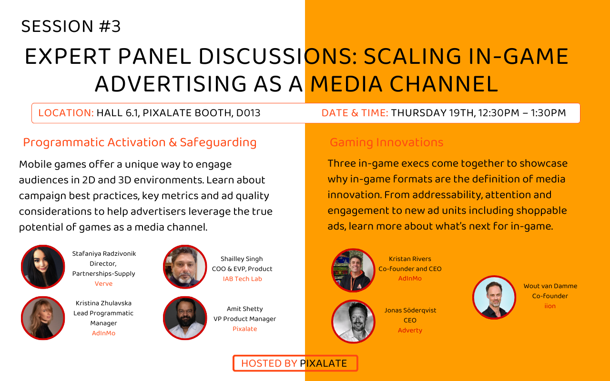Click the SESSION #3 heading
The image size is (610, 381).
[x=71, y=26]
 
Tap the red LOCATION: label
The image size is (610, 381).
[x=66, y=113]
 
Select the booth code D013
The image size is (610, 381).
[x=248, y=113]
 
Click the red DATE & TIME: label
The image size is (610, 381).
[x=355, y=113]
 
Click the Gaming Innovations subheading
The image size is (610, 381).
[x=386, y=142]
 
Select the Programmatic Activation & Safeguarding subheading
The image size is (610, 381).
[x=140, y=142]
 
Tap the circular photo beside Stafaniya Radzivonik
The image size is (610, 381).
[x=43, y=267]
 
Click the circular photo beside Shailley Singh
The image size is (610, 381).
[x=185, y=267]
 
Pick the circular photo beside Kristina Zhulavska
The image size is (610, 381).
[x=43, y=318]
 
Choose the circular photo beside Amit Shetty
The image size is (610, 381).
[x=185, y=318]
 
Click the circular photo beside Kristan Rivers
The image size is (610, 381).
[x=353, y=270]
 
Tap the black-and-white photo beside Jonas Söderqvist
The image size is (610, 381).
[x=353, y=321]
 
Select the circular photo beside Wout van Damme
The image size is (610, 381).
[x=494, y=297]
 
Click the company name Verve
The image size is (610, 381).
[x=103, y=283]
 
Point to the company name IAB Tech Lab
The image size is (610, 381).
[x=243, y=279]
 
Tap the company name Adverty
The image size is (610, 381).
[x=410, y=331]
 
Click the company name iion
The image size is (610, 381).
[x=550, y=306]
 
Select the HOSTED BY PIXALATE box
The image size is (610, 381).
[x=295, y=363]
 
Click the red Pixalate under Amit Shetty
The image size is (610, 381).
[x=244, y=329]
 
